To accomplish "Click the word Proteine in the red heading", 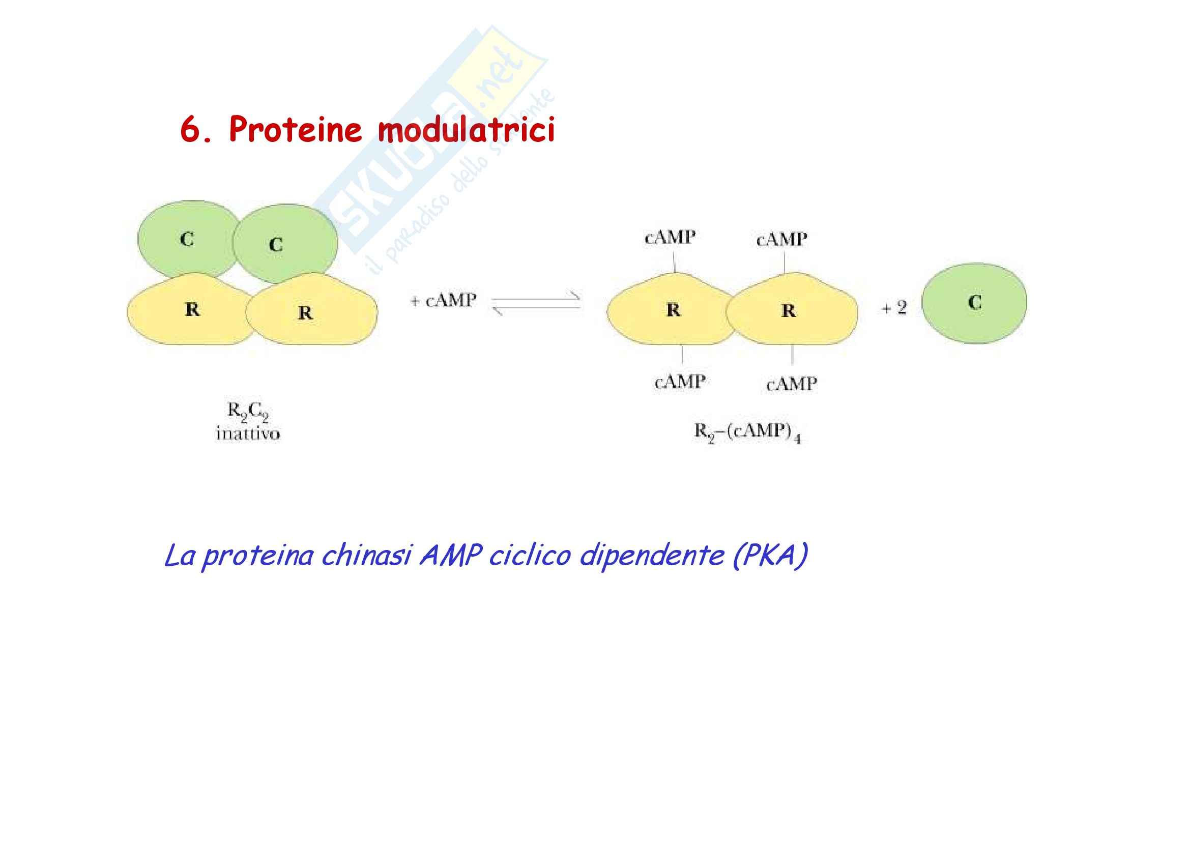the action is (x=296, y=129).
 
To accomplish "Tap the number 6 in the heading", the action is (x=190, y=129).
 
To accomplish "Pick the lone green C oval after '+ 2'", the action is (x=974, y=303).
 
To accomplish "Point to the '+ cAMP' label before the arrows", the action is (x=443, y=301).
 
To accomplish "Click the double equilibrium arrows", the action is (x=535, y=304).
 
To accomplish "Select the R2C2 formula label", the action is (x=248, y=412).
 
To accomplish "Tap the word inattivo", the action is (x=248, y=433).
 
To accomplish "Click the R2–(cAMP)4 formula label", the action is (x=747, y=432).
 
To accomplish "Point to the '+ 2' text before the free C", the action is (x=894, y=308).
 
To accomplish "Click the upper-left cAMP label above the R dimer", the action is (x=670, y=238).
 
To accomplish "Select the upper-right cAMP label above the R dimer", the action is (x=781, y=240).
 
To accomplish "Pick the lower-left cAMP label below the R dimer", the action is (x=680, y=382).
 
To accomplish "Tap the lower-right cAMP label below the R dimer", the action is (x=792, y=385).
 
